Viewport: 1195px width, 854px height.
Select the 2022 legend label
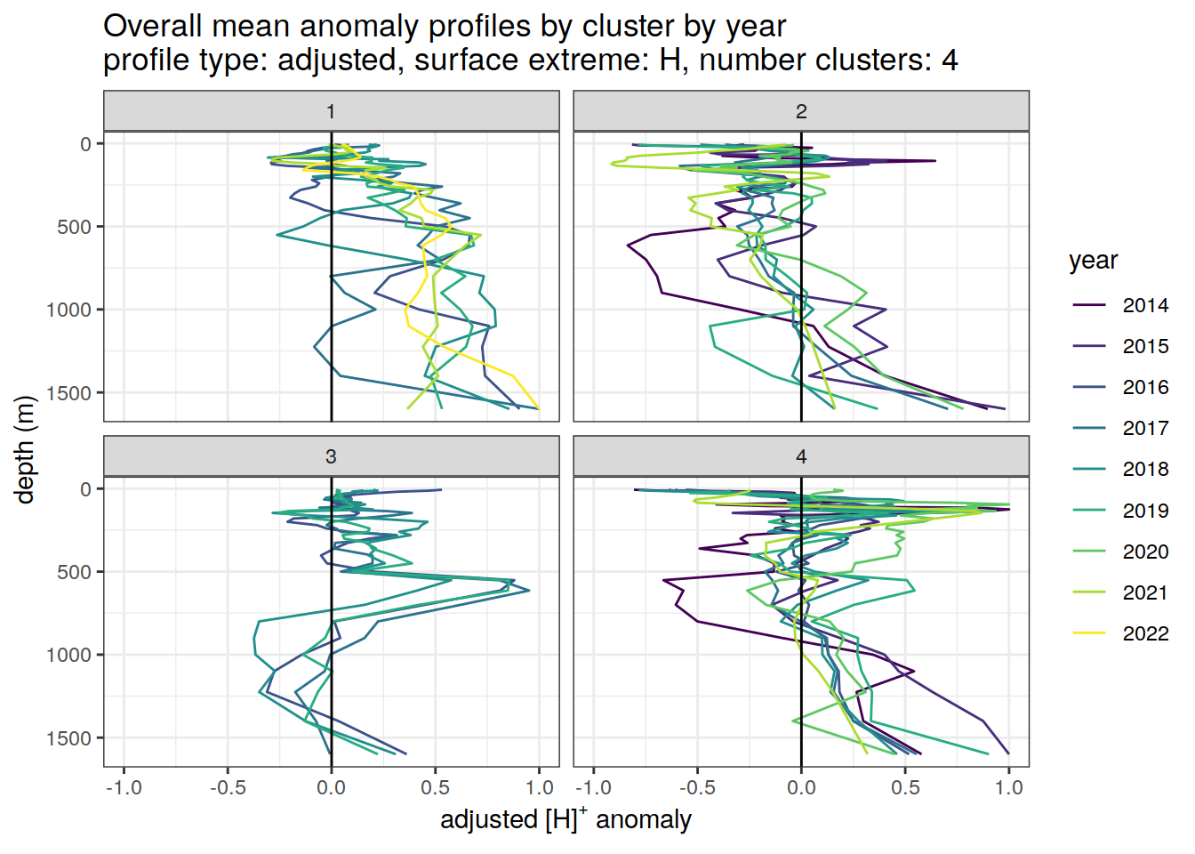[1144, 633]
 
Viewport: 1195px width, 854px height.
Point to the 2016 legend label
[1144, 387]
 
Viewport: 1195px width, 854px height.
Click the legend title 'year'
[1093, 261]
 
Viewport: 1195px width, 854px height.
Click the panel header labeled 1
[331, 111]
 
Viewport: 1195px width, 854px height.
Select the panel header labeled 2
[801, 111]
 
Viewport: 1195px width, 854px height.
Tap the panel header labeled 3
[331, 456]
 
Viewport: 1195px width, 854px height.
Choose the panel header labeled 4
[801, 456]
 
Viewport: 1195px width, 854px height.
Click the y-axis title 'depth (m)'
[25, 449]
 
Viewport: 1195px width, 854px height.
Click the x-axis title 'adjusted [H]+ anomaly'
[565, 819]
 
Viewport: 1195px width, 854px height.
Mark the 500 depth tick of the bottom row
[74, 572]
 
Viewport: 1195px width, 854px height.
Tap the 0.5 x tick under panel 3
[435, 788]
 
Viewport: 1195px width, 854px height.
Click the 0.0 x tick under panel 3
[331, 788]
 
